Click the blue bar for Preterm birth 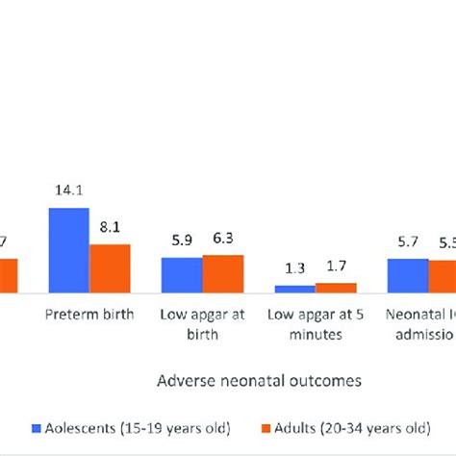[x=69, y=250]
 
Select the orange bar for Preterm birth [x=110, y=268]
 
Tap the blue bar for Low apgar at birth [x=182, y=274]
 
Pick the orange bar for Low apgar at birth [x=223, y=273]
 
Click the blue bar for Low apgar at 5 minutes [x=294, y=288]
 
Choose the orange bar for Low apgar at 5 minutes [x=336, y=287]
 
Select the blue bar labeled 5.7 [x=408, y=274]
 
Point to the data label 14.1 [x=69, y=192]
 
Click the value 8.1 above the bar [x=110, y=229]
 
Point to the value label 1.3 [x=294, y=270]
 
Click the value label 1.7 [x=336, y=268]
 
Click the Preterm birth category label [x=89, y=314]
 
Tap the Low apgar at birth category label [x=203, y=323]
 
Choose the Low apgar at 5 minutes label [x=316, y=323]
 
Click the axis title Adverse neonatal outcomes [x=260, y=380]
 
